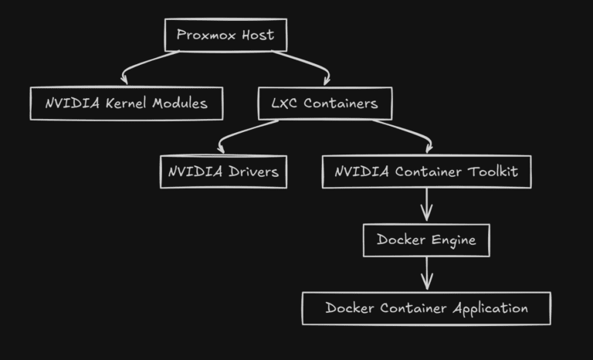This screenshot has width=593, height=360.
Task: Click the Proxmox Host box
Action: click(x=225, y=35)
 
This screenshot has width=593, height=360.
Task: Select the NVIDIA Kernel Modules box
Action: click(x=127, y=104)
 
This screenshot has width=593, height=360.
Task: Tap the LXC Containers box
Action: click(x=324, y=104)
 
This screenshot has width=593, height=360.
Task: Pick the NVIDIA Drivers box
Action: click(x=223, y=172)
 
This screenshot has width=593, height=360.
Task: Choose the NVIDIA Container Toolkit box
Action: click(x=426, y=172)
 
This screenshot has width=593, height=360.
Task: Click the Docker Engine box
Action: click(x=426, y=239)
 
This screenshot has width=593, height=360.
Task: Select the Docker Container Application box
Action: click(x=426, y=308)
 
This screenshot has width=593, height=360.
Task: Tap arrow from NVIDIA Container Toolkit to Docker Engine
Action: click(x=427, y=205)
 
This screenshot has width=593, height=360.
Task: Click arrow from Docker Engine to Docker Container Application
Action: click(x=427, y=273)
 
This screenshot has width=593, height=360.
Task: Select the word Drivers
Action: click(x=253, y=172)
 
